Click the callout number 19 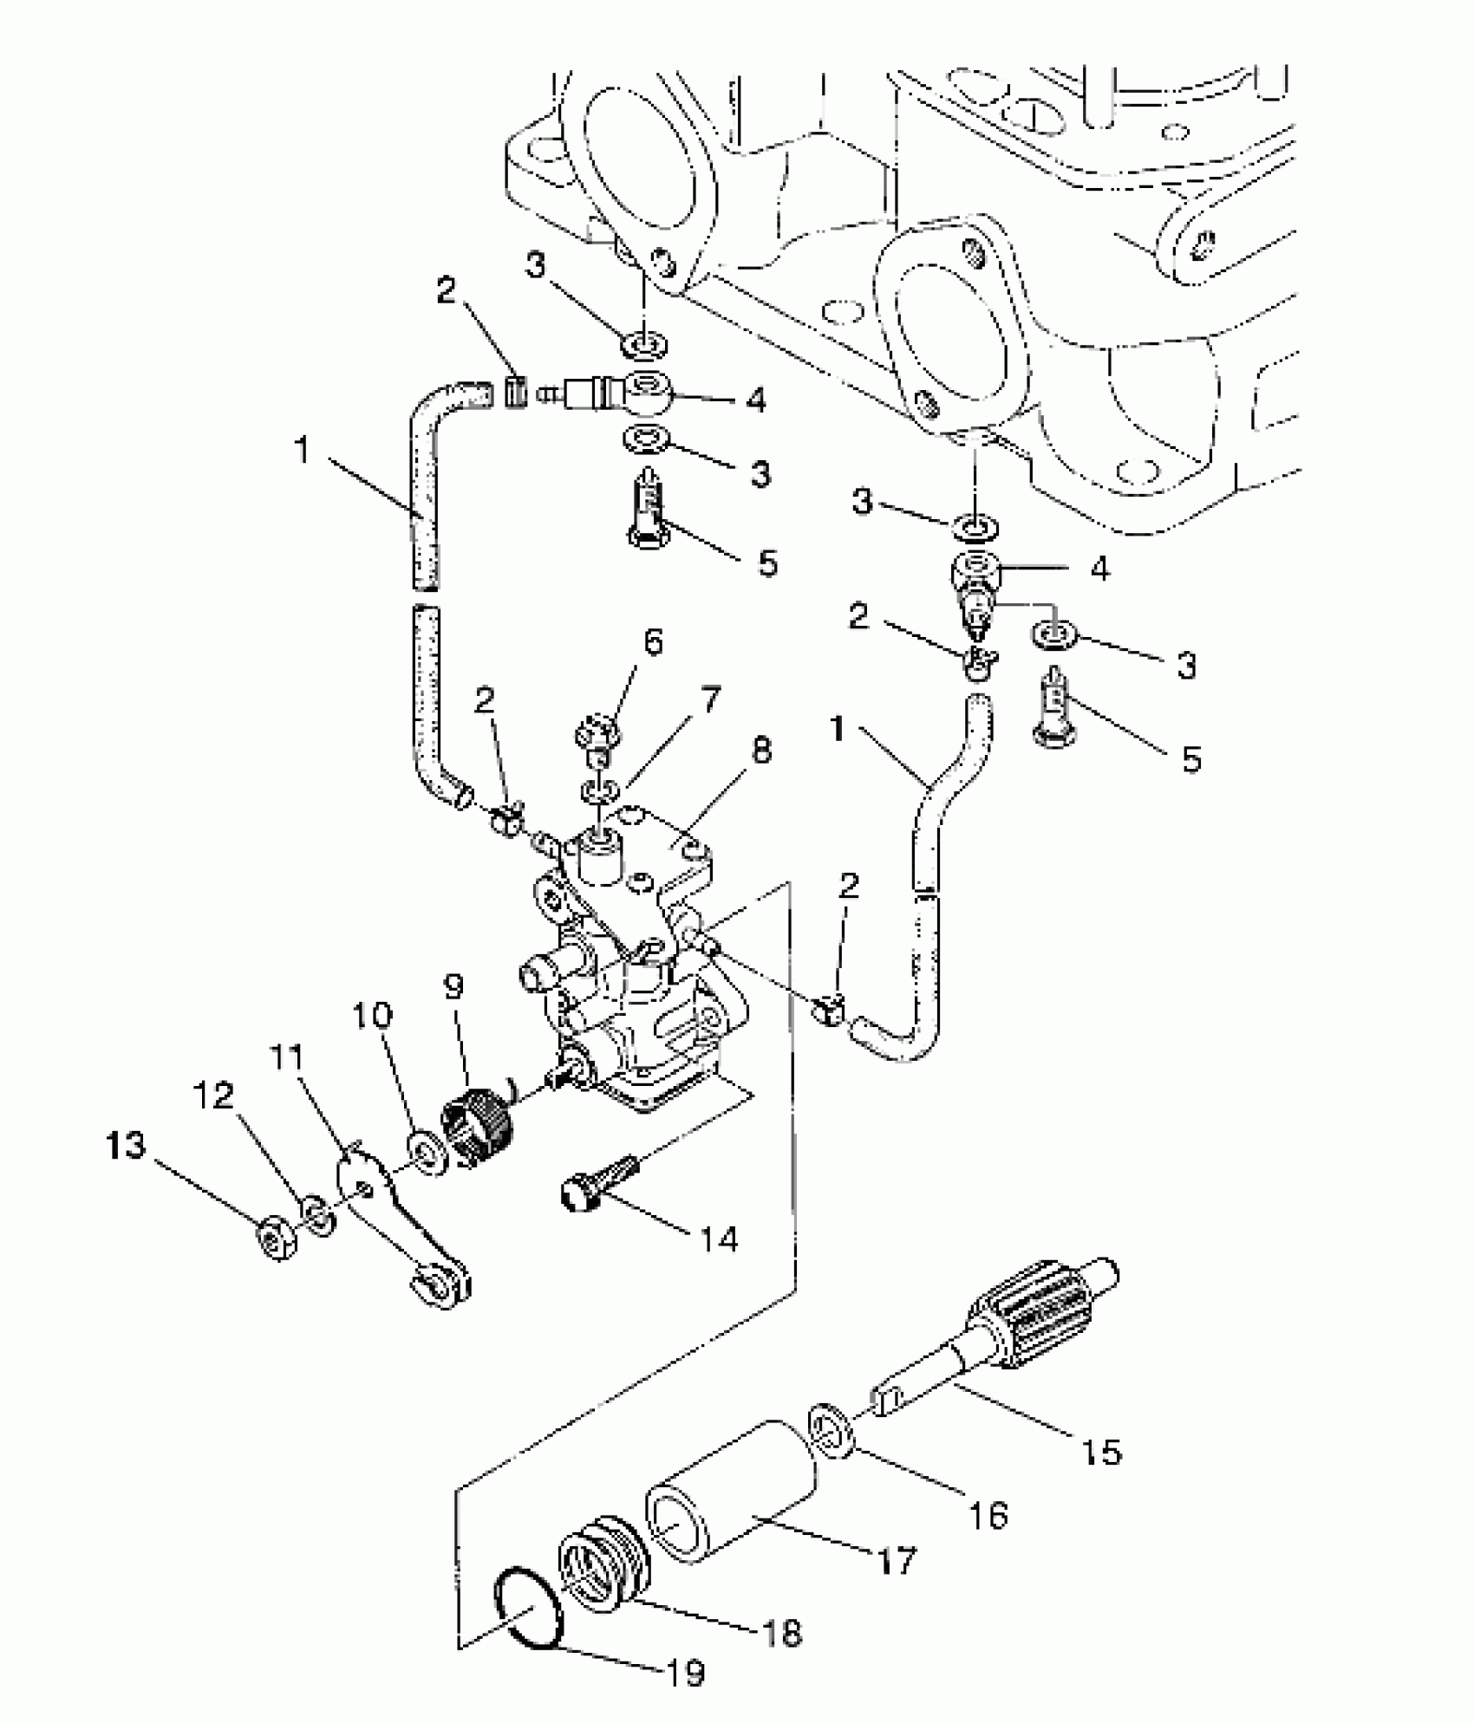pos(686,1673)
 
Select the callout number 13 pos(126,1146)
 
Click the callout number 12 pos(213,1096)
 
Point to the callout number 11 pos(286,1057)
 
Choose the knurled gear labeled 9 pos(479,1124)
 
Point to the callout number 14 pos(720,1239)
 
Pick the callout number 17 pos(896,1561)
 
